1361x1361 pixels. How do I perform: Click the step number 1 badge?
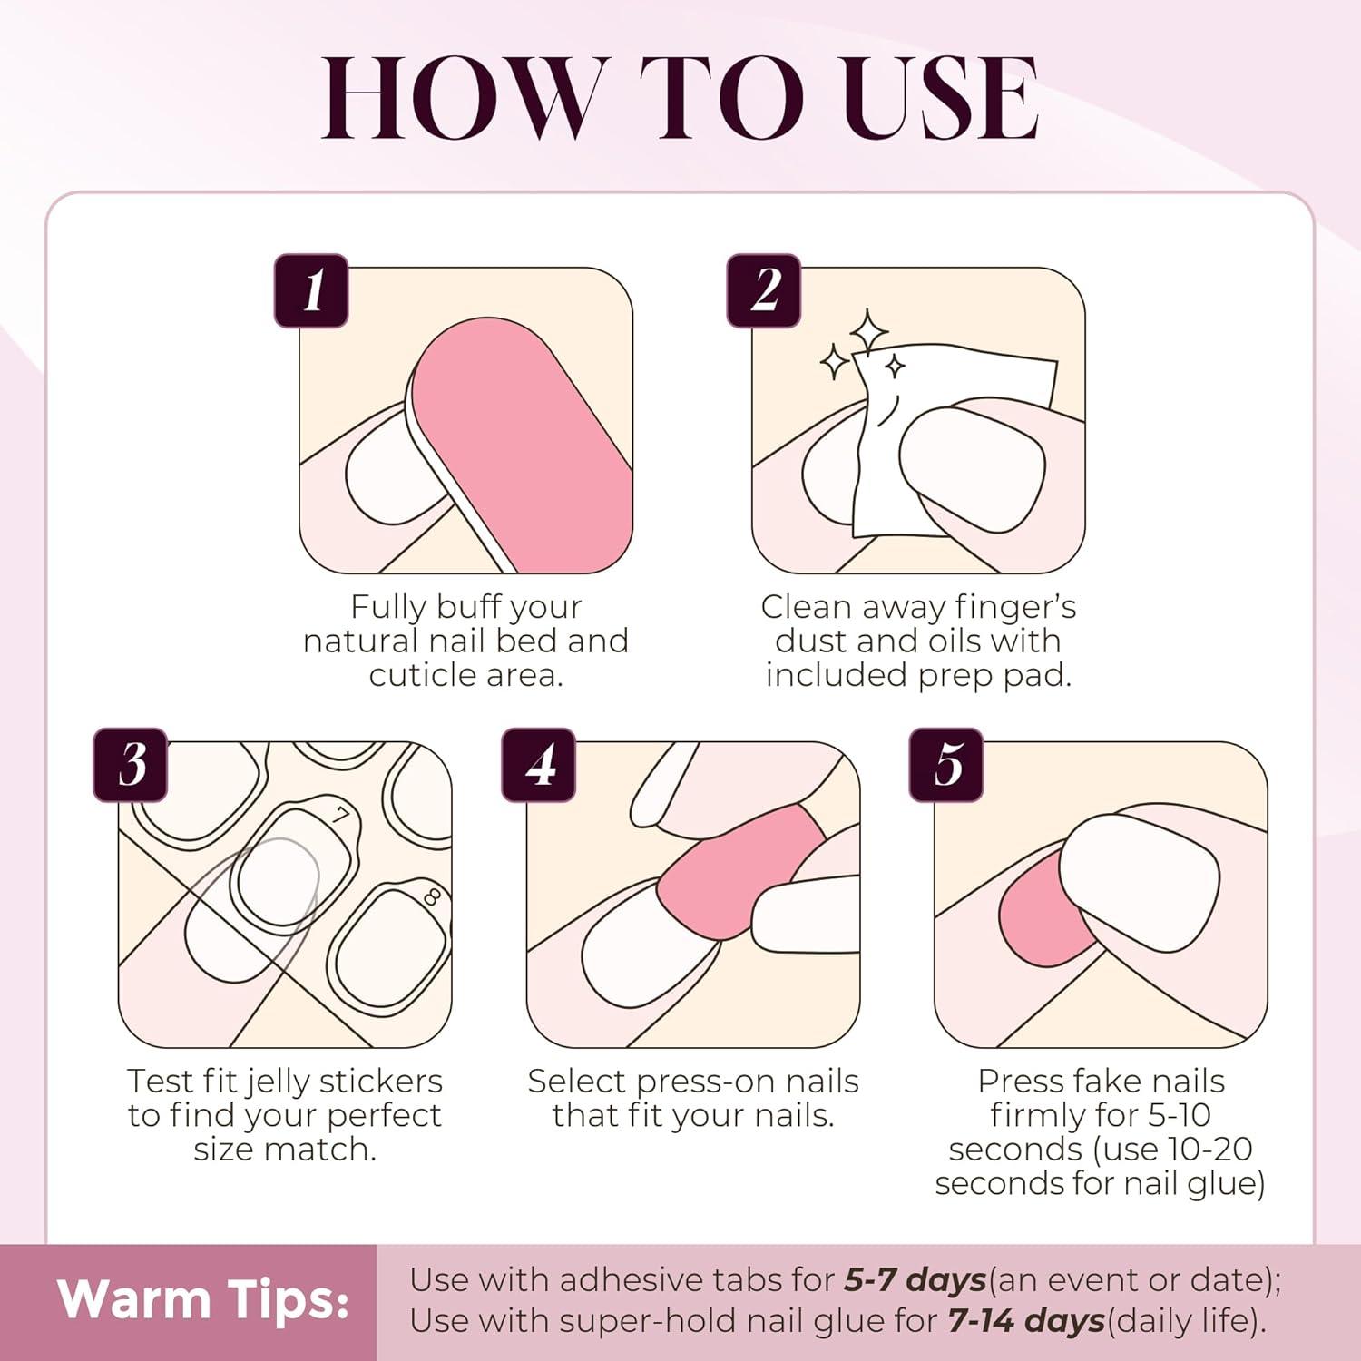(x=311, y=290)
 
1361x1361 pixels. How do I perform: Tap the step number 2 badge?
(x=764, y=290)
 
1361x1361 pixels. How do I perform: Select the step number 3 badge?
(x=131, y=765)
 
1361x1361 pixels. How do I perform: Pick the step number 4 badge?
(x=539, y=765)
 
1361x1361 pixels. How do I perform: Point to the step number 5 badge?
(x=946, y=765)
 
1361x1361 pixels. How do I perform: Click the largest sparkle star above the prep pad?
(x=868, y=331)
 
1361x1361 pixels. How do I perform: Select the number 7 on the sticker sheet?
(x=340, y=816)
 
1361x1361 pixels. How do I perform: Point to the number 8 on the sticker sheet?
(x=432, y=898)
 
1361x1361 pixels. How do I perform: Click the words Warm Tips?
(x=203, y=1299)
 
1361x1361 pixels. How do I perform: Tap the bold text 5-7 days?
(x=915, y=1279)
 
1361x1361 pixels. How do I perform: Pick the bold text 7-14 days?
(x=1026, y=1320)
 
